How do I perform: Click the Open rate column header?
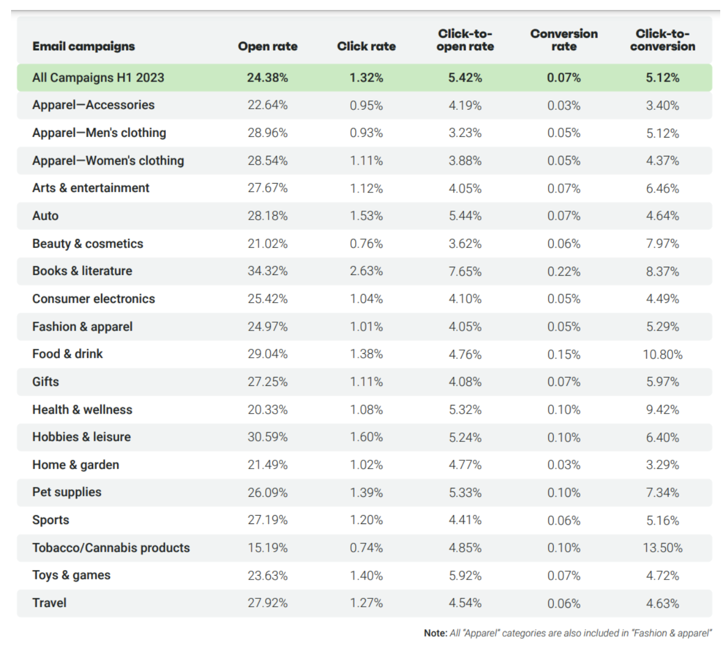(x=267, y=47)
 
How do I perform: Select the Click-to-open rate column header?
(x=465, y=40)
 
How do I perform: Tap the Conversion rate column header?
(x=564, y=40)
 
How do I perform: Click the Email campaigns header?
(x=84, y=47)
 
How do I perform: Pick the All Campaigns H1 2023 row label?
(x=98, y=78)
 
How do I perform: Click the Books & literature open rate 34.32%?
(x=267, y=271)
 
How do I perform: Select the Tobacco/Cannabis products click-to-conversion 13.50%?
(x=663, y=548)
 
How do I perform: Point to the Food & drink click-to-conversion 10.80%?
(x=663, y=354)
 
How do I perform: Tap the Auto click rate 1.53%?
(x=366, y=216)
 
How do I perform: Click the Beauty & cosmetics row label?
(x=88, y=244)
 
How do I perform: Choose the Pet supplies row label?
(x=67, y=492)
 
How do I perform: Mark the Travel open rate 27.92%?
(x=267, y=603)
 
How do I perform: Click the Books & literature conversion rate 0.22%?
(x=564, y=271)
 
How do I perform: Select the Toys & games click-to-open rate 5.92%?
(x=465, y=576)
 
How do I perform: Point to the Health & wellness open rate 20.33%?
(x=267, y=410)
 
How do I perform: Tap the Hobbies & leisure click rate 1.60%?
(x=366, y=437)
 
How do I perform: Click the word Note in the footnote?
(x=435, y=633)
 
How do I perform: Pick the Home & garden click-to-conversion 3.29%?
(x=663, y=465)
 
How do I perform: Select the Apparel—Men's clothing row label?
(x=99, y=133)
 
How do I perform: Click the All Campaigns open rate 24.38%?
(x=267, y=78)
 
